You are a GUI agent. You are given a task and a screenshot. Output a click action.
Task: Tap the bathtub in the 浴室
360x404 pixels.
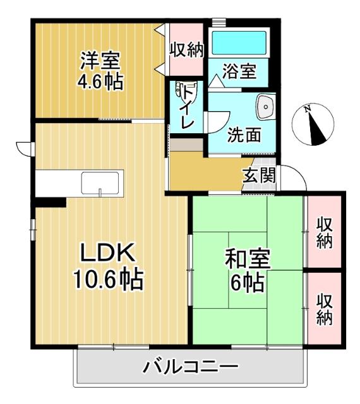pyautogui.click(x=239, y=44)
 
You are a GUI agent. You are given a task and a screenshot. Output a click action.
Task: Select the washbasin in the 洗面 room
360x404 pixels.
pyautogui.click(x=265, y=107)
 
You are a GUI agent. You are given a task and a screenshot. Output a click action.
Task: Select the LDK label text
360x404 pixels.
pyautogui.click(x=107, y=253)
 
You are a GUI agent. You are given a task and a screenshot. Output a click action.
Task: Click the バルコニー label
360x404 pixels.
pyautogui.click(x=190, y=366)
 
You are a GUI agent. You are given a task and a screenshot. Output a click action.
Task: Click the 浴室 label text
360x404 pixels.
pyautogui.click(x=239, y=71)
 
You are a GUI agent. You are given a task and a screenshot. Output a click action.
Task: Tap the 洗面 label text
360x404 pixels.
pyautogui.click(x=243, y=134)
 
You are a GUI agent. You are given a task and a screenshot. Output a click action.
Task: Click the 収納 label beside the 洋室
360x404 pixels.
pyautogui.click(x=186, y=50)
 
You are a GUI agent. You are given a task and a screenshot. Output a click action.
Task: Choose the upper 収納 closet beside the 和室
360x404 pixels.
pyautogui.click(x=325, y=232)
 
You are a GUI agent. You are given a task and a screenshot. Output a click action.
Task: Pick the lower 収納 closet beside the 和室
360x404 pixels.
pyautogui.click(x=325, y=309)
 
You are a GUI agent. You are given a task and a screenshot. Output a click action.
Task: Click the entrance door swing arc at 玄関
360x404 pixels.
pyautogui.click(x=294, y=177)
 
